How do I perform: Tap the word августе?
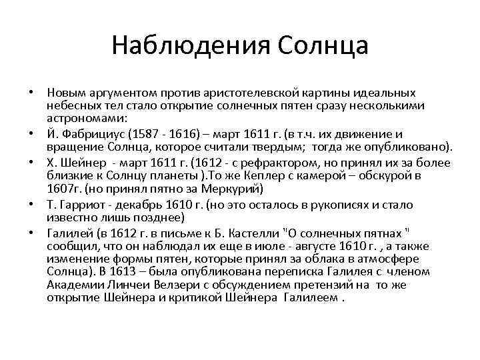[315, 246]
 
